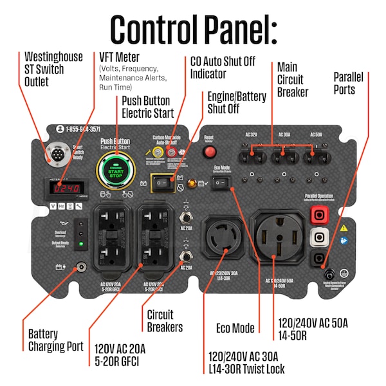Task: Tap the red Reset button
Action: [209, 152]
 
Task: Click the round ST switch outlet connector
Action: [53, 154]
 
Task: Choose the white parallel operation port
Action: [316, 237]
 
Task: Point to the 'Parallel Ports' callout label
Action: [348, 83]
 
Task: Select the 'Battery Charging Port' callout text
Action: [55, 340]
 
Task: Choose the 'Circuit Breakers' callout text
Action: [165, 321]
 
